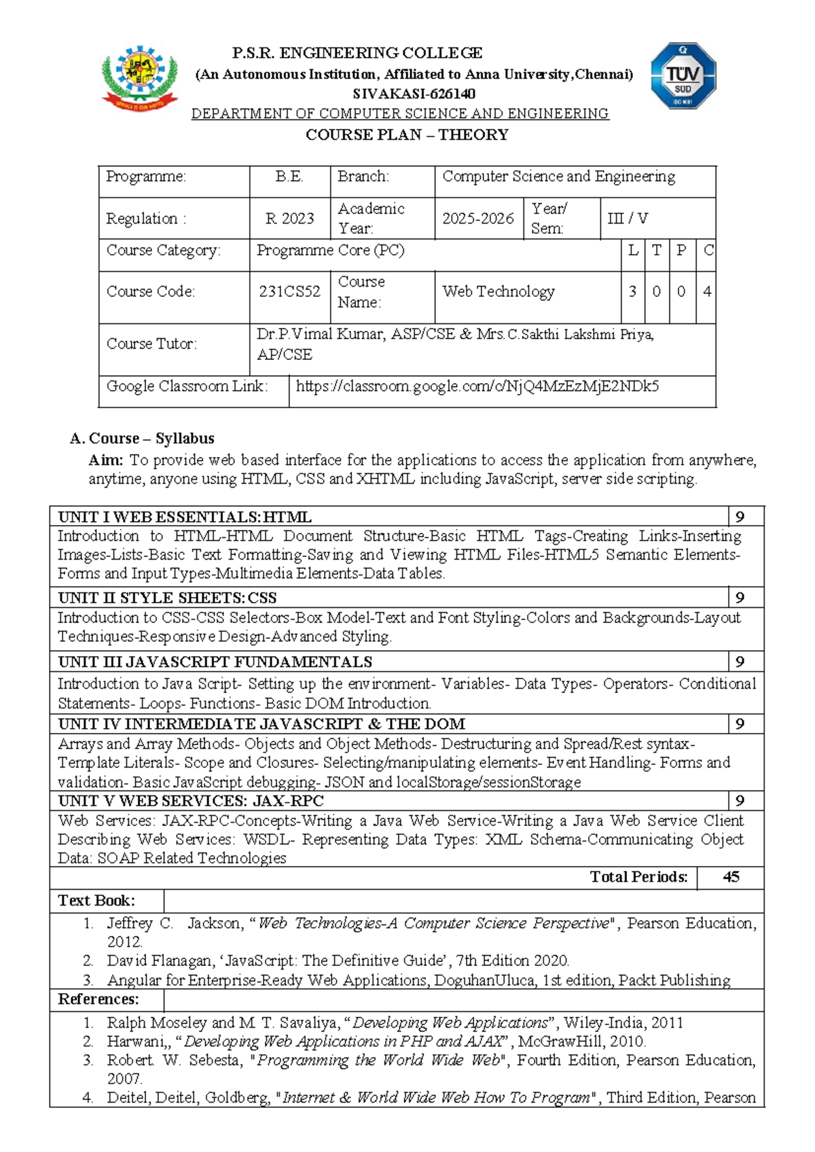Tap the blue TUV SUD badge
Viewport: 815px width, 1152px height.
(x=683, y=76)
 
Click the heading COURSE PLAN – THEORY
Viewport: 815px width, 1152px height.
(x=407, y=134)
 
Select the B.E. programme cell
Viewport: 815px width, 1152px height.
(x=289, y=177)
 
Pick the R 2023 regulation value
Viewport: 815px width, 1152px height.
(x=289, y=219)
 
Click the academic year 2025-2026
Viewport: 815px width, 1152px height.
(x=478, y=219)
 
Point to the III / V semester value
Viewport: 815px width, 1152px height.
(x=628, y=219)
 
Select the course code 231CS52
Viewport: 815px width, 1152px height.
(x=289, y=291)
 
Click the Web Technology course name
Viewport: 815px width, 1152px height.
(x=499, y=291)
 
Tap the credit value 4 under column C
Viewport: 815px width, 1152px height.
(x=707, y=291)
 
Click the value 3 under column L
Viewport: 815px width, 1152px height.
(x=632, y=291)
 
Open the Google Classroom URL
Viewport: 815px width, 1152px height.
(x=477, y=386)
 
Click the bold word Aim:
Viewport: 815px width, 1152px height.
(x=106, y=460)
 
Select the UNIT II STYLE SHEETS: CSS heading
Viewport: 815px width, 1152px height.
(x=167, y=598)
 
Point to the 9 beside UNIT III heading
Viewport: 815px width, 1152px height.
(x=740, y=662)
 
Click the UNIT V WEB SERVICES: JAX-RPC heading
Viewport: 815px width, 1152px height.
(x=191, y=801)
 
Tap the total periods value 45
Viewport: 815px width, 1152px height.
(x=731, y=877)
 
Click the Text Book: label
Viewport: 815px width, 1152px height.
(x=96, y=901)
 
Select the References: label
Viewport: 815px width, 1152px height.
(x=98, y=999)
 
